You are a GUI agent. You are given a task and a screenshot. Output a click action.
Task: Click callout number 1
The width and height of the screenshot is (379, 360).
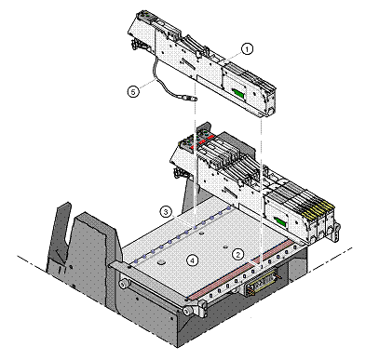pyautogui.click(x=247, y=49)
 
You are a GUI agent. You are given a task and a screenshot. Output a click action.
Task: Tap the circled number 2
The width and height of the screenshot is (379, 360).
pyautogui.click(x=238, y=255)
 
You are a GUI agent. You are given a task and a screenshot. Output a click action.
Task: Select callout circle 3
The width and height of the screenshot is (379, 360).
pyautogui.click(x=166, y=212)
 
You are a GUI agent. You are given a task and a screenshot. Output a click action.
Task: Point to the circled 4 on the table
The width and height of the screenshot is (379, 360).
pyautogui.click(x=193, y=260)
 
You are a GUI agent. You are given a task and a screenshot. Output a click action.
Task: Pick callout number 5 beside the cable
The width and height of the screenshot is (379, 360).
pyautogui.click(x=133, y=92)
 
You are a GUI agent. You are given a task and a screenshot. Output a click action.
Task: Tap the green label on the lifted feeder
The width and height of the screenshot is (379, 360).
pyautogui.click(x=238, y=92)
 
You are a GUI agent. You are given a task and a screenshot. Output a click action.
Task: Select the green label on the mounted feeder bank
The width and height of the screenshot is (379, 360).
pyautogui.click(x=280, y=221)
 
